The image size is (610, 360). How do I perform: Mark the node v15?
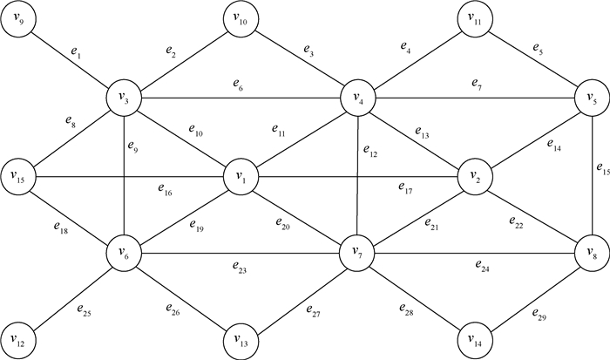pyautogui.click(x=19, y=176)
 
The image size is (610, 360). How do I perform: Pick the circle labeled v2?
pyautogui.click(x=473, y=176)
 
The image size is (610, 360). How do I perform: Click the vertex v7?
pyautogui.click(x=356, y=253)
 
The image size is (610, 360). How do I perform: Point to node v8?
pyautogui.click(x=589, y=253)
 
